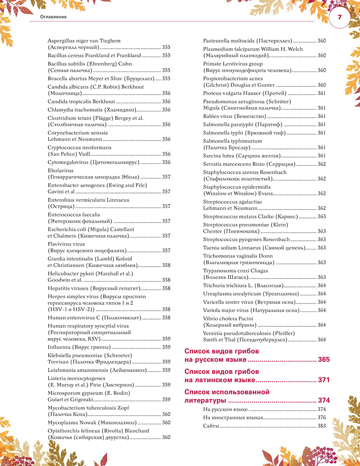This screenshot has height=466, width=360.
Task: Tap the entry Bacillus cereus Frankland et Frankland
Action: click(x=94, y=55)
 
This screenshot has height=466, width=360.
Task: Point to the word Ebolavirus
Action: click(x=61, y=171)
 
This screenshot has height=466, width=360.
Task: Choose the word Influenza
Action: click(x=60, y=347)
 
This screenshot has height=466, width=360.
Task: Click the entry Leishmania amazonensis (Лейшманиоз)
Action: click(x=97, y=370)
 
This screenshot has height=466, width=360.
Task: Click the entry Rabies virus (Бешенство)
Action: click(x=235, y=116)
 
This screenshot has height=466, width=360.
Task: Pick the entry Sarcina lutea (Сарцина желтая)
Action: click(x=242, y=156)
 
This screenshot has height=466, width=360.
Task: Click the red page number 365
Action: click(x=324, y=360)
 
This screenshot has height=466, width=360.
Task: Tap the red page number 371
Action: click(x=324, y=380)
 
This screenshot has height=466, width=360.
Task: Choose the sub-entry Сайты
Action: click(x=210, y=425)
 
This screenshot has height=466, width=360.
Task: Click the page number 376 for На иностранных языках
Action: click(x=321, y=417)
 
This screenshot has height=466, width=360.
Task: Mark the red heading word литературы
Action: click(x=205, y=400)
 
